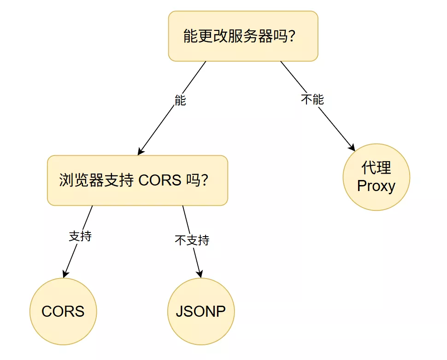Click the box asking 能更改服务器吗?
pyautogui.click(x=243, y=36)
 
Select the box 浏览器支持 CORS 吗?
pyautogui.click(x=137, y=180)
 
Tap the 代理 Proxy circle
pyautogui.click(x=376, y=177)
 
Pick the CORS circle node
pyautogui.click(x=63, y=311)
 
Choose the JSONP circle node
pyautogui.click(x=200, y=311)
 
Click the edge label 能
pyautogui.click(x=180, y=100)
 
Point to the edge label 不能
pyautogui.click(x=312, y=99)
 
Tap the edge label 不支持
pyautogui.click(x=192, y=240)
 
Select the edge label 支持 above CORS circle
pyautogui.click(x=80, y=237)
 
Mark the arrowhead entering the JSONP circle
pyautogui.click(x=200, y=273)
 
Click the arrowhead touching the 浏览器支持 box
pyautogui.click(x=141, y=151)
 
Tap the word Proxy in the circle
pyautogui.click(x=376, y=186)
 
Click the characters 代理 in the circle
pyautogui.click(x=376, y=168)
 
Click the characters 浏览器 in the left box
pyautogui.click(x=81, y=180)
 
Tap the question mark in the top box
pyautogui.click(x=291, y=36)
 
